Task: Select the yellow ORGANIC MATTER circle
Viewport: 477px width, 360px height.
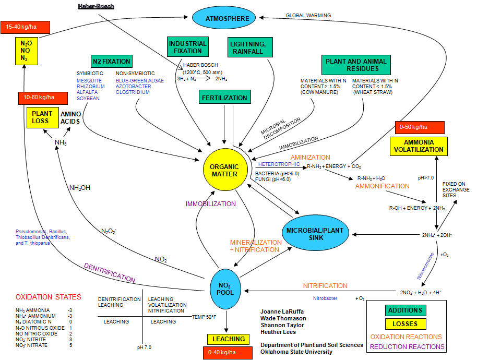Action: (224, 171)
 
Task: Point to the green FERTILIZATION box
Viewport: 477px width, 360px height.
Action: (225, 98)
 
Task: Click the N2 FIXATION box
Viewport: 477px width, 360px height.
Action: (111, 61)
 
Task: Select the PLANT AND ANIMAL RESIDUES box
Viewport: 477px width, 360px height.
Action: (356, 65)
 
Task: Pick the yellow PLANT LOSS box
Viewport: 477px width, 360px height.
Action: (42, 117)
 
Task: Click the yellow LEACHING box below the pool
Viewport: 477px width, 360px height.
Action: (229, 339)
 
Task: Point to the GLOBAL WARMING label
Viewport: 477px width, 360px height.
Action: (308, 16)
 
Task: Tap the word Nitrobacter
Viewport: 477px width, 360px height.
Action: (326, 298)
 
